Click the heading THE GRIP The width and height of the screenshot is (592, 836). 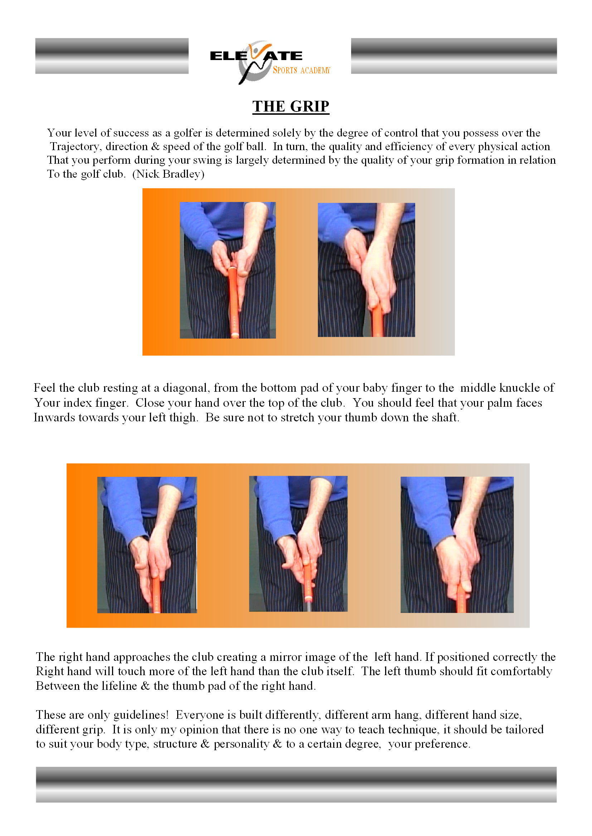coord(291,106)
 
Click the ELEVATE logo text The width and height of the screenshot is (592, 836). coord(256,56)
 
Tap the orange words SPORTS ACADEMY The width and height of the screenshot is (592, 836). coord(301,70)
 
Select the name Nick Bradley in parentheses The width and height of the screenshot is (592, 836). coord(168,174)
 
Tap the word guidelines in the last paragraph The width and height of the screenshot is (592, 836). coord(140,714)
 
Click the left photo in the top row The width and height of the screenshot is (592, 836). coord(228,270)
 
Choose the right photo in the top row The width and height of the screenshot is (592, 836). coord(366,270)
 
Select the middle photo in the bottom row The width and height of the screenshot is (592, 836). coord(298,544)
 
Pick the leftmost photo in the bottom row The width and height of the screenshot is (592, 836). coord(147,545)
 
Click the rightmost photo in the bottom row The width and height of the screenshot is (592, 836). coord(457,545)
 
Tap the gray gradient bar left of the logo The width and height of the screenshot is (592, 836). coord(112,56)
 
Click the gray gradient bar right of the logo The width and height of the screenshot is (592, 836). coord(453,56)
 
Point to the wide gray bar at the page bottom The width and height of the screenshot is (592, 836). coord(296,785)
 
